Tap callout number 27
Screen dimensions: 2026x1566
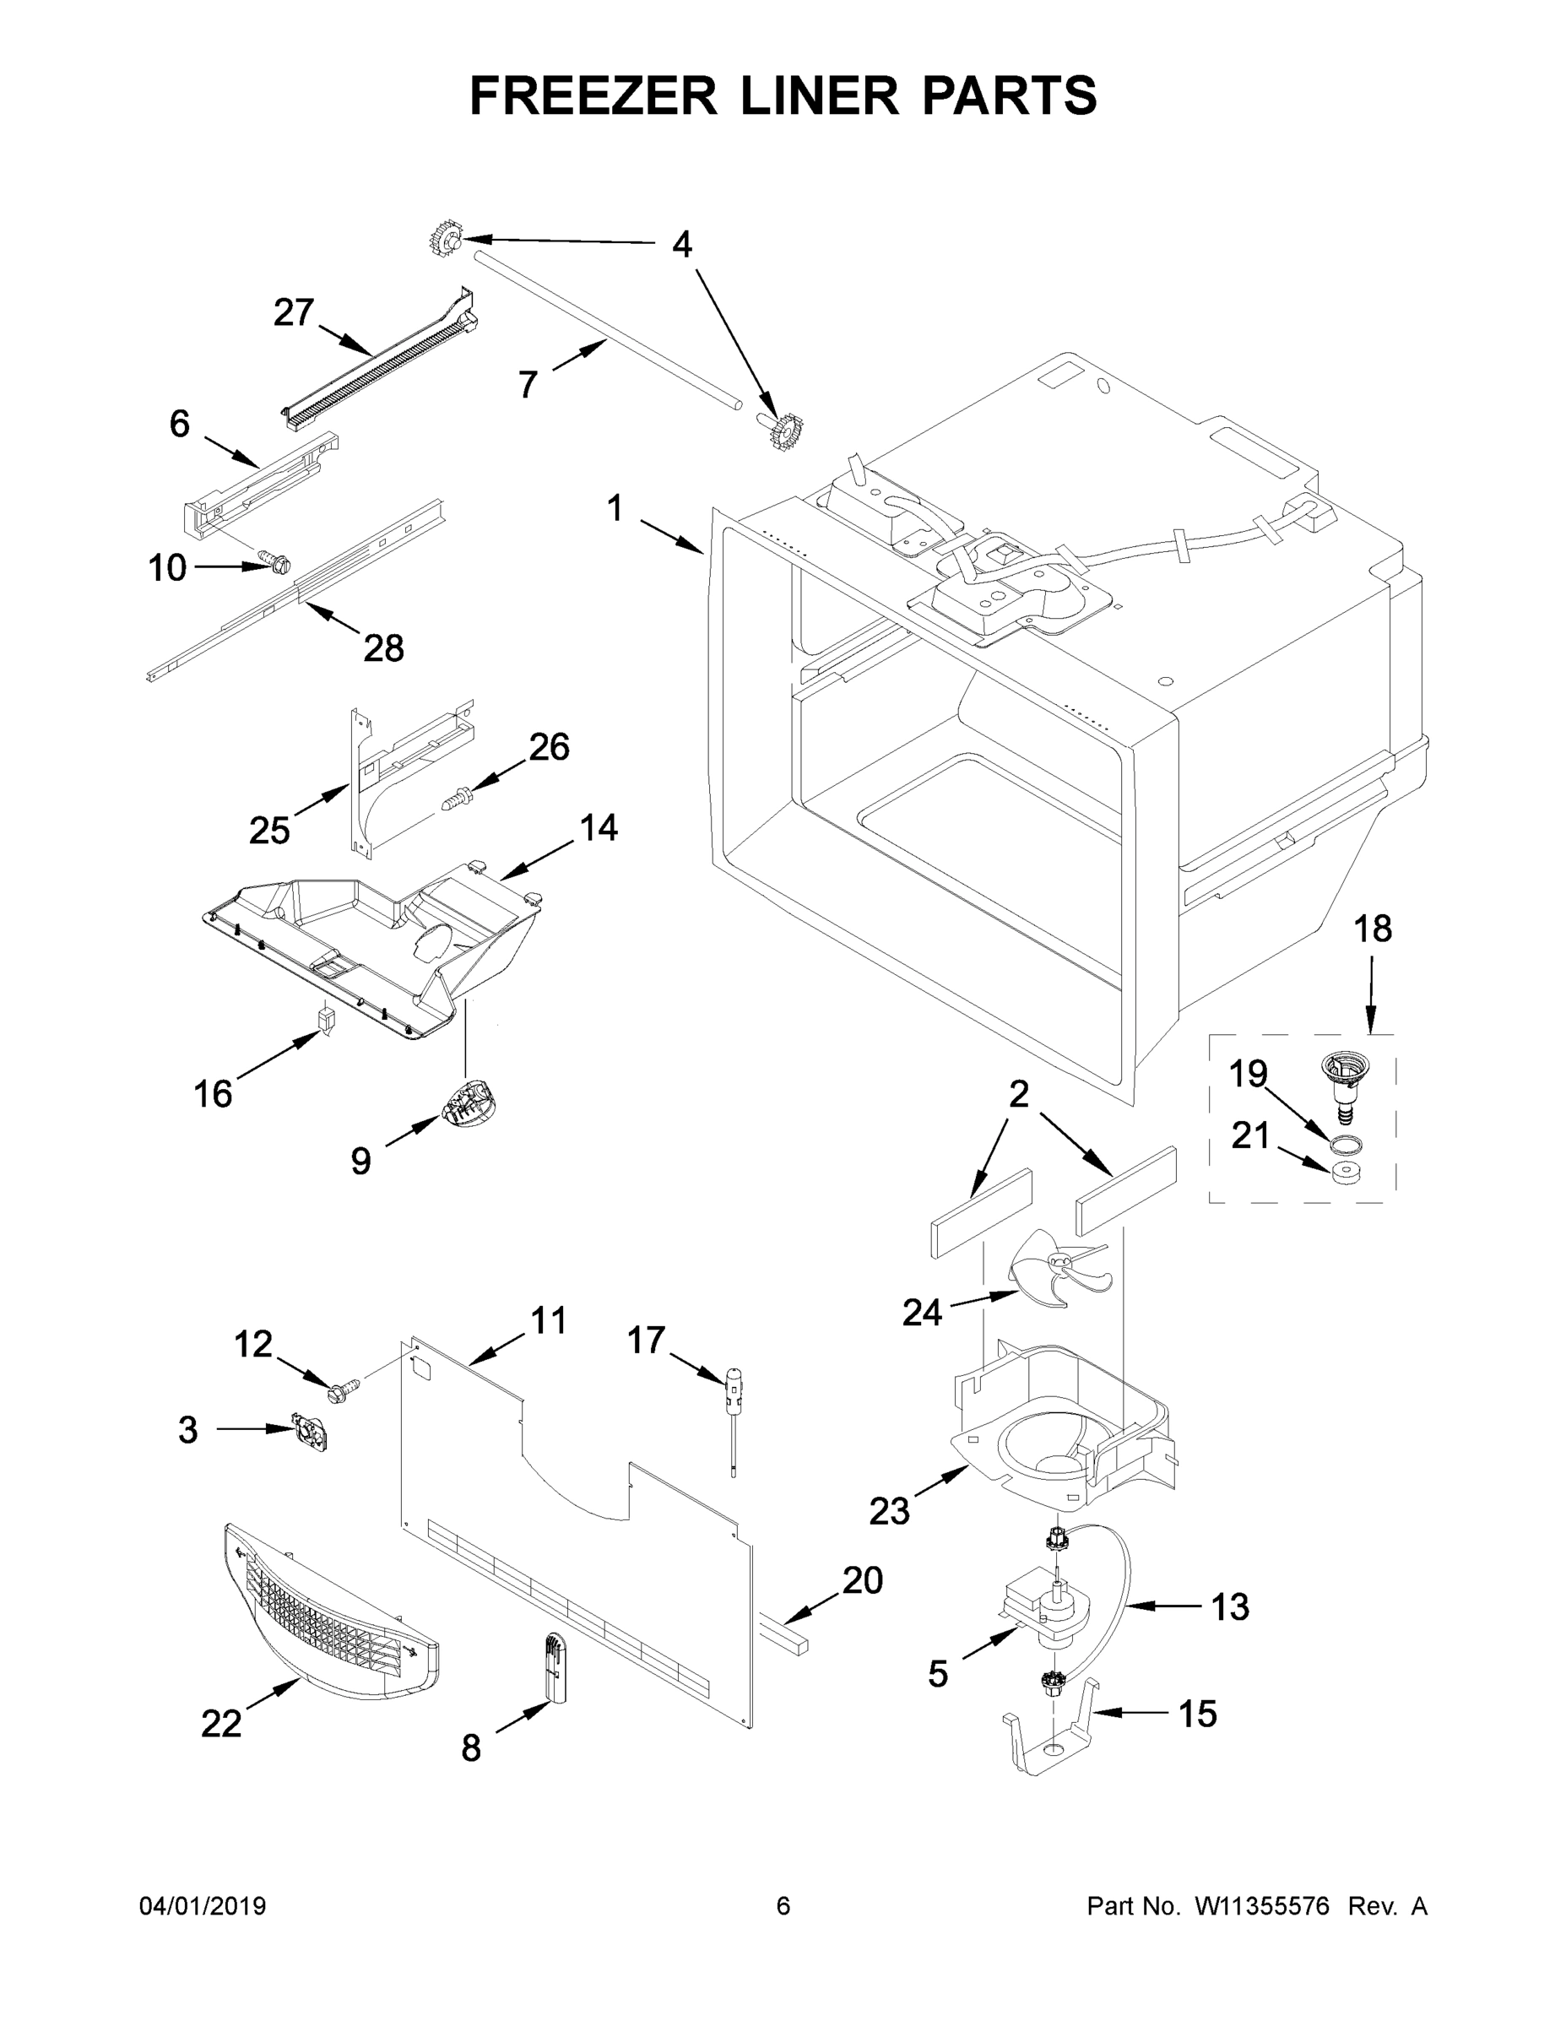pyautogui.click(x=293, y=312)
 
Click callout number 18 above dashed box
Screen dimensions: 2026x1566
pyautogui.click(x=1372, y=929)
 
